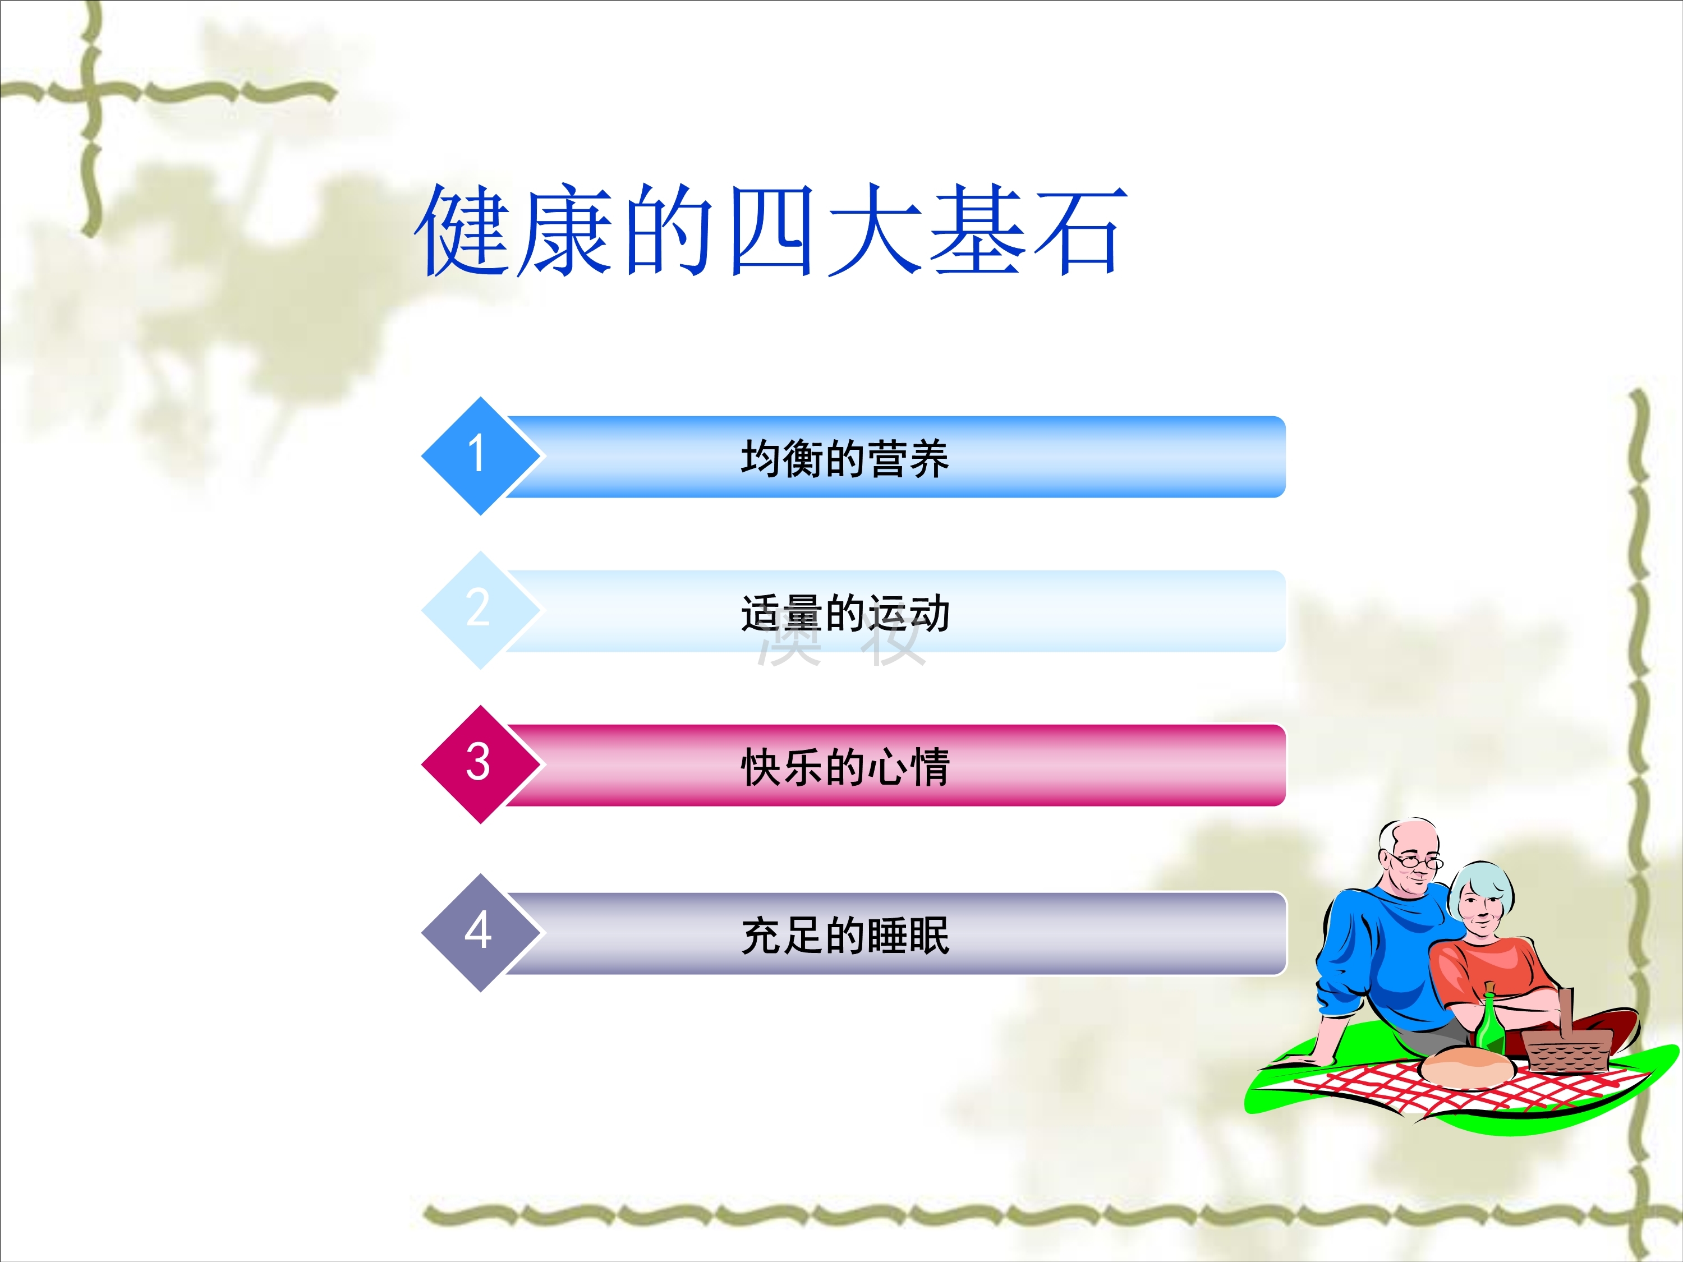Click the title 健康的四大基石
(x=770, y=230)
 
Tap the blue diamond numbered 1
(x=480, y=455)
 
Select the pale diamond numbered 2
(x=480, y=610)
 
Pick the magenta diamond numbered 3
(x=480, y=764)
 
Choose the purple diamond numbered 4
(x=480, y=933)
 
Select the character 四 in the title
(x=770, y=230)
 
